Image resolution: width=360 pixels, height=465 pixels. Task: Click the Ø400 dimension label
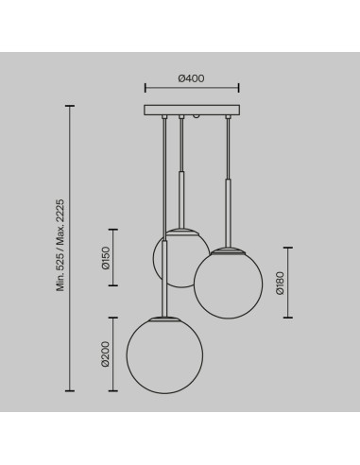pyautogui.click(x=191, y=78)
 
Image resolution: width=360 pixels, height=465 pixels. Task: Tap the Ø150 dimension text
pyautogui.click(x=106, y=258)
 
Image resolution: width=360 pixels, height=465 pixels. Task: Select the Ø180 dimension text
pyautogui.click(x=280, y=283)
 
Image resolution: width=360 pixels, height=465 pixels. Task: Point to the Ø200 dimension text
pyautogui.click(x=106, y=354)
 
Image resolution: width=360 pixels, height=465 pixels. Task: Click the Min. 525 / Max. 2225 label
pyautogui.click(x=60, y=245)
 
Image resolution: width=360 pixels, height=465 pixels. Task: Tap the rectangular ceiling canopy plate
pyautogui.click(x=192, y=110)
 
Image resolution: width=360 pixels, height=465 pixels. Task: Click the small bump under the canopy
pyautogui.click(x=197, y=116)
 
